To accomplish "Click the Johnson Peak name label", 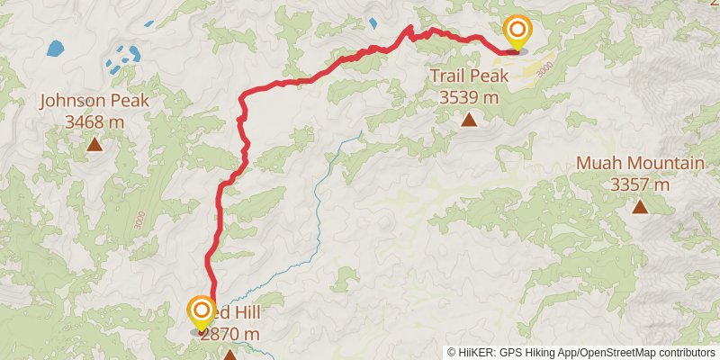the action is (x=94, y=101).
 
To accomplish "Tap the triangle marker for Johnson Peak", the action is (x=94, y=143).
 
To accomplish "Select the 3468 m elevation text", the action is (x=94, y=121).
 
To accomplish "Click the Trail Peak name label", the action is (x=468, y=77).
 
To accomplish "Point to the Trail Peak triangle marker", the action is (x=468, y=119).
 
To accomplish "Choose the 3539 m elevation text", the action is (x=468, y=97).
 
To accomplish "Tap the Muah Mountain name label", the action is (x=640, y=164).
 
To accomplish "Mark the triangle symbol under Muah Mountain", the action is (x=640, y=207).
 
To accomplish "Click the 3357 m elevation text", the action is (x=640, y=184).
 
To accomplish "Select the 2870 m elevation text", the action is (x=230, y=334).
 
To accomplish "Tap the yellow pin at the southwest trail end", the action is (x=201, y=314).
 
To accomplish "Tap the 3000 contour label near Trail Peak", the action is (x=543, y=68).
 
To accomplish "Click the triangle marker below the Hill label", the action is (x=230, y=355).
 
